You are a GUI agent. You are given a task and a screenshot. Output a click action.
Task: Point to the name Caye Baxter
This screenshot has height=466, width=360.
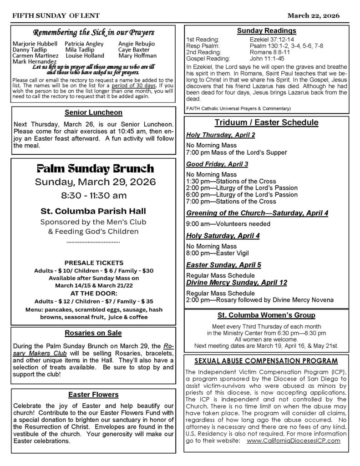[x=134, y=50]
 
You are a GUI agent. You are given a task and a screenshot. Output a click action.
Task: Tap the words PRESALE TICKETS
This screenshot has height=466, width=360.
[x=93, y=263]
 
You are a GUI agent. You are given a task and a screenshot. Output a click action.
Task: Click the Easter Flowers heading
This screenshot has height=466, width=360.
[x=93, y=395]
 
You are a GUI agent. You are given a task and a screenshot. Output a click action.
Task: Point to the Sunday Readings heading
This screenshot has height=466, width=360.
[x=266, y=31]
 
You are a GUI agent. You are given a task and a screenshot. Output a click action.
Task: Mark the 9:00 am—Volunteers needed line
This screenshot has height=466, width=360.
[x=228, y=224]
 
